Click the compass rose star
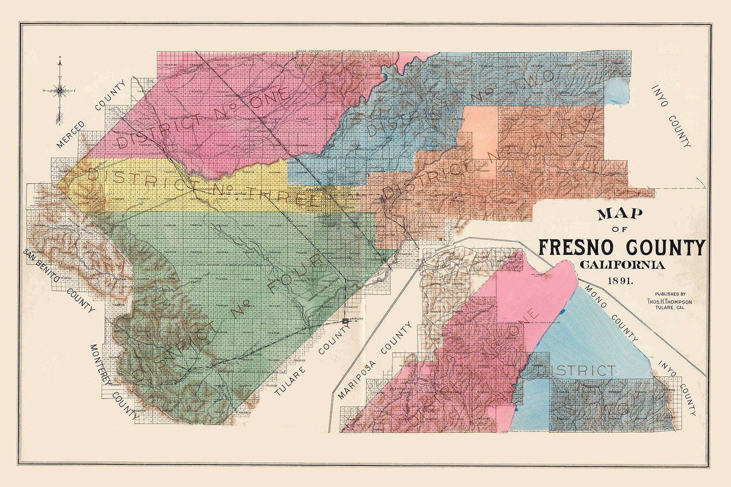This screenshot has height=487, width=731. click(x=60, y=91)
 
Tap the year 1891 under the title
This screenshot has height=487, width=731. click(x=620, y=280)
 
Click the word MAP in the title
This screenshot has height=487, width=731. click(x=619, y=214)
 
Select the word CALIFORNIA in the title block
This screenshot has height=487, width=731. click(x=622, y=265)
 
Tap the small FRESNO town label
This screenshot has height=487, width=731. click(x=314, y=190)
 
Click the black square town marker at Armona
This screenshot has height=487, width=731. click(x=345, y=321)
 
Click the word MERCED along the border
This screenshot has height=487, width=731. click(x=71, y=134)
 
